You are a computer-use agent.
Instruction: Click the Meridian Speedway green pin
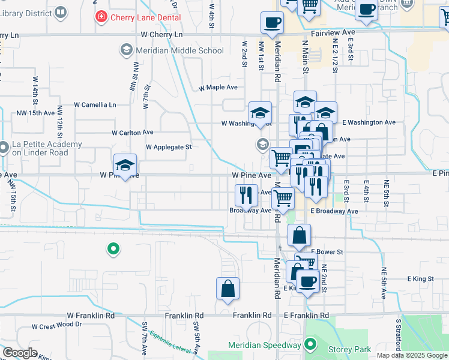[310, 345]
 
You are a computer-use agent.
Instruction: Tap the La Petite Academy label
[47, 148]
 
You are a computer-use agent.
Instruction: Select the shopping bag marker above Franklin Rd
[228, 289]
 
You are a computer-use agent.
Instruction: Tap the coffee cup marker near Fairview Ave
[272, 23]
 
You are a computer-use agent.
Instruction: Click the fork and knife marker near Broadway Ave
[246, 194]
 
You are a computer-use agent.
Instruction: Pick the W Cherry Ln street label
[161, 35]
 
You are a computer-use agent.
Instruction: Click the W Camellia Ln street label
[95, 104]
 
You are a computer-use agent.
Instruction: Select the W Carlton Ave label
[133, 133]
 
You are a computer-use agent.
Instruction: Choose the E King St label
[420, 279]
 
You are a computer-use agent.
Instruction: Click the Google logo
[20, 353]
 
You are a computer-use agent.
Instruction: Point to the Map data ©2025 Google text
[411, 355]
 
